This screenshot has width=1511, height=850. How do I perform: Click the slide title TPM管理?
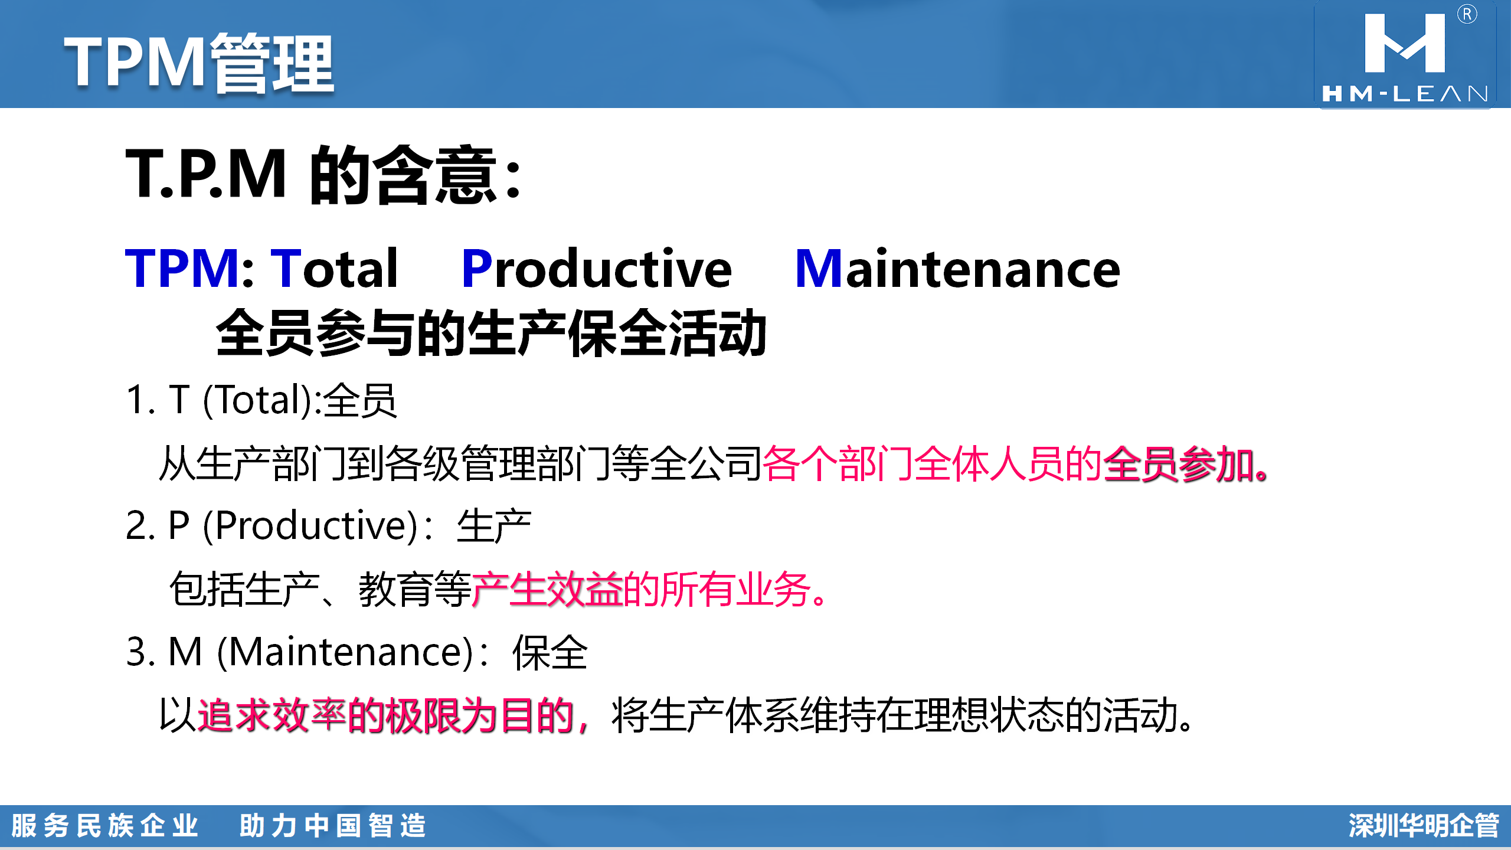pyautogui.click(x=199, y=63)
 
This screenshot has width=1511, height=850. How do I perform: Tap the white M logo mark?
pyautogui.click(x=1405, y=43)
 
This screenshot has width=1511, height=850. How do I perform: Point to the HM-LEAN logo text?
pyautogui.click(x=1405, y=94)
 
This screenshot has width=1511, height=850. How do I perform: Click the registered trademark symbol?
pyautogui.click(x=1467, y=14)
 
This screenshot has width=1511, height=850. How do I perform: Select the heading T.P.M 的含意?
pyautogui.click(x=323, y=175)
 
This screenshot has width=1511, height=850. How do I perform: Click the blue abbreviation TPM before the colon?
pyautogui.click(x=182, y=269)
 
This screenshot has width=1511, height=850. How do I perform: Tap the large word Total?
pyautogui.click(x=334, y=269)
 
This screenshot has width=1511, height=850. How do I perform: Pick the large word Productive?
pyautogui.click(x=597, y=269)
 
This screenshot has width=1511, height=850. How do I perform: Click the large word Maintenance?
pyautogui.click(x=957, y=269)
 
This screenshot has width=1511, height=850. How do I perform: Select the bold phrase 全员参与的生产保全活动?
pyautogui.click(x=491, y=334)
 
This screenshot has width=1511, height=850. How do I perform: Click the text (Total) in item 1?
pyautogui.click(x=257, y=400)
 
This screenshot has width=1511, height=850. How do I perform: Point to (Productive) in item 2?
pyautogui.click(x=310, y=525)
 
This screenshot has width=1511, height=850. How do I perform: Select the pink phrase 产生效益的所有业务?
pyautogui.click(x=641, y=589)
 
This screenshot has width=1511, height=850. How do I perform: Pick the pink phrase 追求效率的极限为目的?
pyautogui.click(x=386, y=715)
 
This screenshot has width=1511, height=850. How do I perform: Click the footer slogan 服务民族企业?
pyautogui.click(x=105, y=826)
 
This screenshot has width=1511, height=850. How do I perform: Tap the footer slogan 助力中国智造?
pyautogui.click(x=332, y=826)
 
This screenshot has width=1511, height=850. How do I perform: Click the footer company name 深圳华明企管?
pyautogui.click(x=1423, y=826)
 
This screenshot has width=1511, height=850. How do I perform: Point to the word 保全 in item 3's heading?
pyautogui.click(x=550, y=653)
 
